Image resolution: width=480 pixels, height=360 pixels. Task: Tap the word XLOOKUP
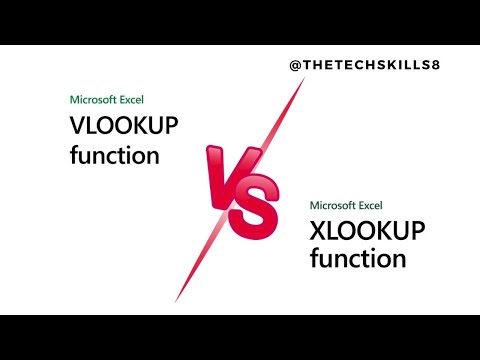367,232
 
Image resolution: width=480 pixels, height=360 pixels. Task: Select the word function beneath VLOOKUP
115,156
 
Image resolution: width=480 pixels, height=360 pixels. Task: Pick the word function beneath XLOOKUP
358,259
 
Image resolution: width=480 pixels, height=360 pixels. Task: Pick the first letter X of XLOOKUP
319,232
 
